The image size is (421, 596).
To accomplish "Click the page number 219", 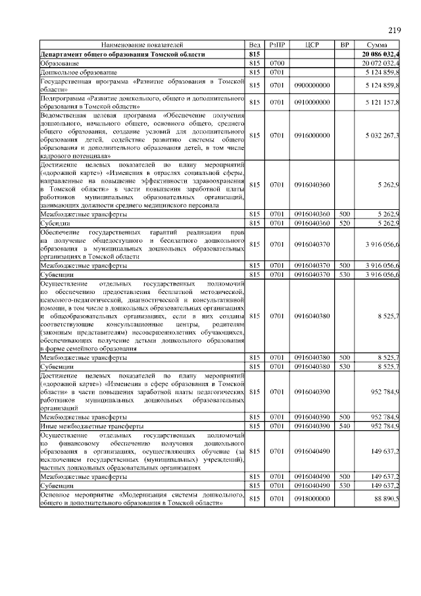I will coord(393,30).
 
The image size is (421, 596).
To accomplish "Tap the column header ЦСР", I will coord(312,45).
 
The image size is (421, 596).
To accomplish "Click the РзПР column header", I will coord(276,45).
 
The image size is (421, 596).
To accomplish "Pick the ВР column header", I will coord(344,45).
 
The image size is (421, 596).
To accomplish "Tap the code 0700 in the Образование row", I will coord(276,62).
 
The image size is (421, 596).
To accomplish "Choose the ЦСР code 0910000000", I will coord(312,103).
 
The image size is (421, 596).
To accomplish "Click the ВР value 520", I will coord(344,223).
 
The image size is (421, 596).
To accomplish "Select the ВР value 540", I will coord(344,426).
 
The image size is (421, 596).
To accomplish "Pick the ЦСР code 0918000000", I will coord(312,499).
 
